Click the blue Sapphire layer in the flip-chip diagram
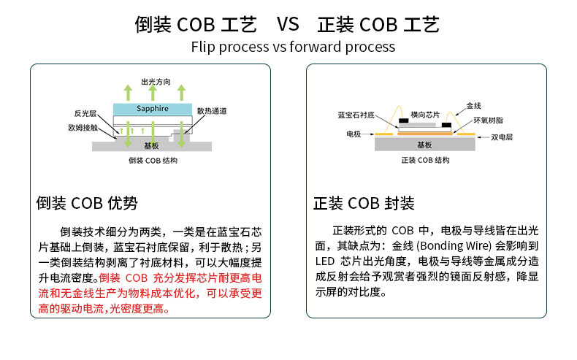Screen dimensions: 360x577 [152, 109]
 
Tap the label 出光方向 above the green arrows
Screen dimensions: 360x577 [156, 82]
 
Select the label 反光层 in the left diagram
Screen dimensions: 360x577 [85, 114]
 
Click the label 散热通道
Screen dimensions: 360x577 [211, 111]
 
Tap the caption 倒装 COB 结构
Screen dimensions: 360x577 [153, 161]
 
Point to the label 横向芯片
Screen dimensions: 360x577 [425, 115]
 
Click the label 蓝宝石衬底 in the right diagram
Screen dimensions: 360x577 [356, 115]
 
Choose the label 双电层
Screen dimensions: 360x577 [502, 137]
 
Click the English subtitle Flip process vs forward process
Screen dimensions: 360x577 [293, 47]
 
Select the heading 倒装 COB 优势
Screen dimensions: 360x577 [87, 203]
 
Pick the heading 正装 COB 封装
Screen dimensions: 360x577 [364, 203]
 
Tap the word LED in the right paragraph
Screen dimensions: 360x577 [324, 261]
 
